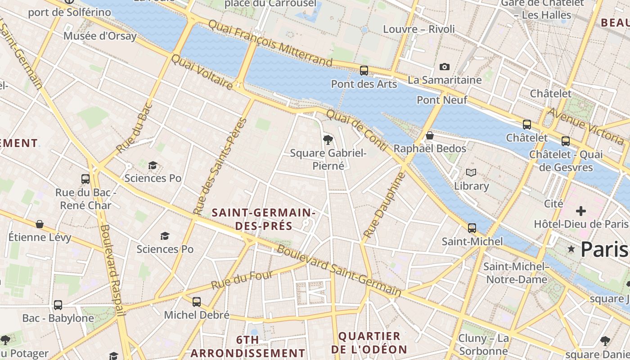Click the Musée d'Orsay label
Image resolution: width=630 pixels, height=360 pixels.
point(100,36)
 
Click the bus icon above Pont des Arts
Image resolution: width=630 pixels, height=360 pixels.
point(364,71)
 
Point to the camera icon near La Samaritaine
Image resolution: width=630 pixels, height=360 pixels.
point(444,67)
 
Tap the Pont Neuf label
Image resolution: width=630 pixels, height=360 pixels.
point(442,100)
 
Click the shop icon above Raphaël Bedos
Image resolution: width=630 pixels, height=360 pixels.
point(430,135)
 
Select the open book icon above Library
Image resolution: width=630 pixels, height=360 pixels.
point(471,173)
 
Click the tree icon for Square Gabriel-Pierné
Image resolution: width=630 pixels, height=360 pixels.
point(328,140)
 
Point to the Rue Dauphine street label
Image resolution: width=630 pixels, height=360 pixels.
point(384,205)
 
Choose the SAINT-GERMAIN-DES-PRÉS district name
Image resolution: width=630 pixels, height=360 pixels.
point(263,219)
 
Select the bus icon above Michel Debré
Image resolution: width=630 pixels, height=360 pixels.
point(197,302)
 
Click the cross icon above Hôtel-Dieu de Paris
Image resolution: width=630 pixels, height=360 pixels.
point(580,211)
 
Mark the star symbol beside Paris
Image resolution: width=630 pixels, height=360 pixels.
point(571,249)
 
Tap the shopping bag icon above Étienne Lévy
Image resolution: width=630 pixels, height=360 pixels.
point(40,224)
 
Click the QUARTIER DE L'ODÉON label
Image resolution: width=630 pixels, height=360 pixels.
point(369,342)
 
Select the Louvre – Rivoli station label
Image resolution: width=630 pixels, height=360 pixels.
point(418,29)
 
